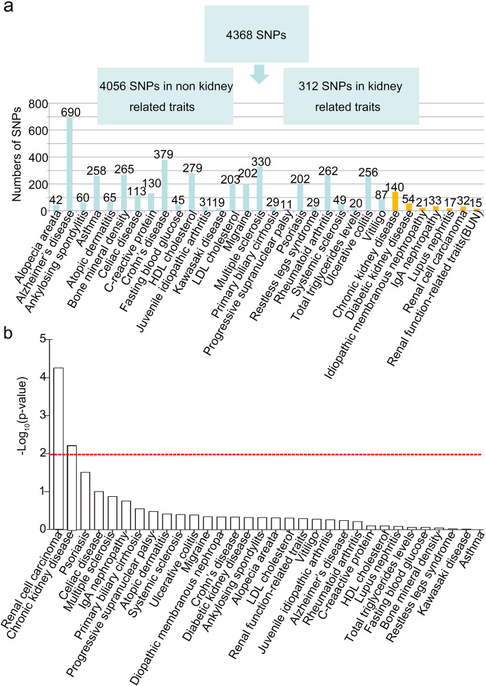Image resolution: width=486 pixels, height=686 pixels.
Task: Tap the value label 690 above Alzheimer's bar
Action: pos(69,111)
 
